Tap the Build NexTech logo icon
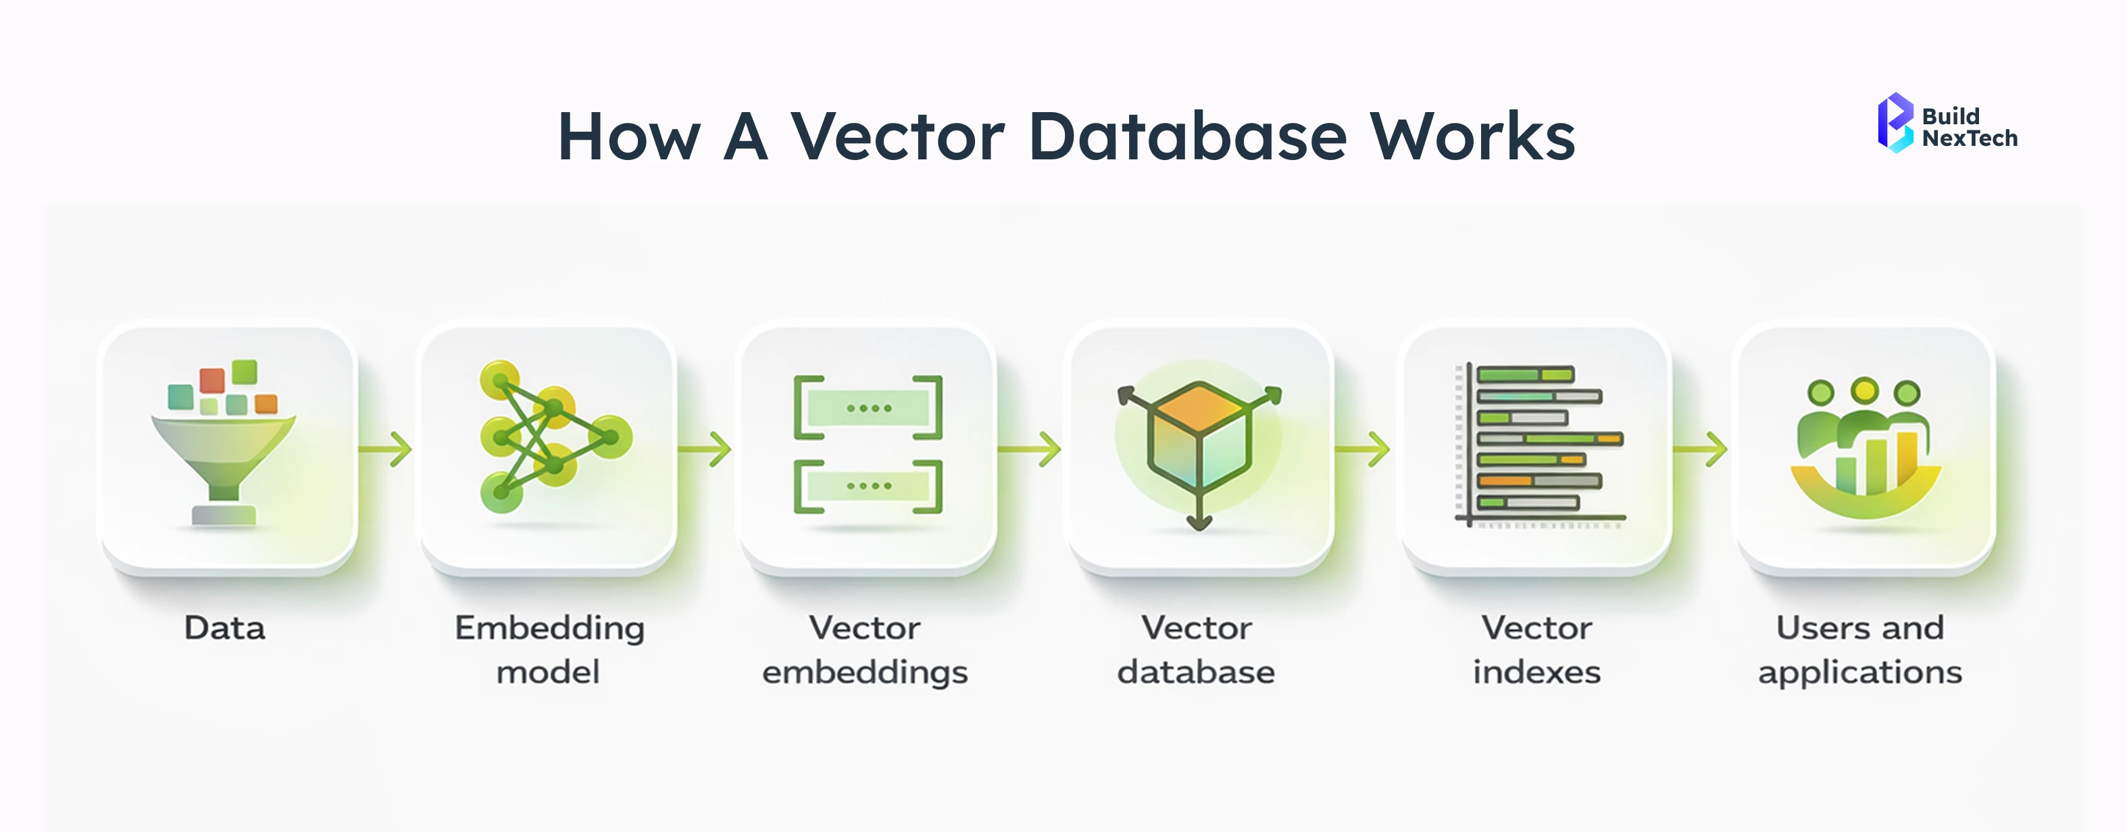[x=1895, y=122]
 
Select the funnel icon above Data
[x=224, y=446]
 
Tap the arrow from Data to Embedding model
[x=386, y=449]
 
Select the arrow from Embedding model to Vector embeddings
[x=705, y=449]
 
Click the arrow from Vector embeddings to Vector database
[x=1030, y=449]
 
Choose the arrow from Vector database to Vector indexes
[x=1362, y=449]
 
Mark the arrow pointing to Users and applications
[x=1700, y=449]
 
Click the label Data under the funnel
[x=224, y=628]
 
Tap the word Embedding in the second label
[x=549, y=629]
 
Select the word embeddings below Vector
[x=864, y=673]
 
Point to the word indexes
[x=1536, y=672]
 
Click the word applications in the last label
[x=1859, y=673]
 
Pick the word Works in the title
[x=1472, y=136]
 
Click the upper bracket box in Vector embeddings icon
[x=868, y=408]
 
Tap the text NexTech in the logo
[x=1970, y=138]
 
